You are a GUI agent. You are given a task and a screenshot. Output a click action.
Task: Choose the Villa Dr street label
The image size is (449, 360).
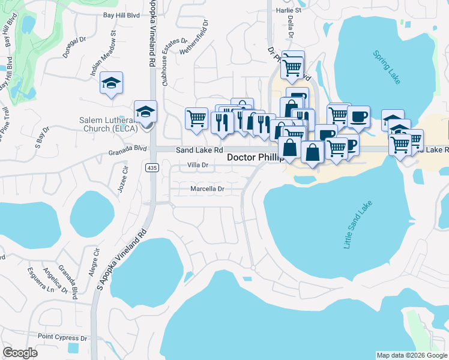coord(197,164)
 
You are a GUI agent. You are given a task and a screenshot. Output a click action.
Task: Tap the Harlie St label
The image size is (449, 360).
coord(288,10)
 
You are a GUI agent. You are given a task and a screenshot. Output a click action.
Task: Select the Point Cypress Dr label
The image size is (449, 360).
coord(62,338)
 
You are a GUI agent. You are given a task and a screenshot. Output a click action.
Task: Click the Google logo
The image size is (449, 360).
coord(20,353)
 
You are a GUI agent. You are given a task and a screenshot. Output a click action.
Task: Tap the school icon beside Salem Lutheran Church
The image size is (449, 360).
coord(145,112)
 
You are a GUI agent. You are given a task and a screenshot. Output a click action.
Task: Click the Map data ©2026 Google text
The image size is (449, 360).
coord(411,355)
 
